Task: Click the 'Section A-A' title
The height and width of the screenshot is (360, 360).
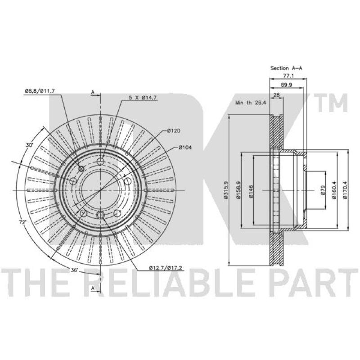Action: pos(286,68)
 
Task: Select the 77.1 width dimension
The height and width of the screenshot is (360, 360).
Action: pos(288,76)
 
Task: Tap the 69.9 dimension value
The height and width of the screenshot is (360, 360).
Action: pos(286,85)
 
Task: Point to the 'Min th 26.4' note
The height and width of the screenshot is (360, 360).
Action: pos(251,103)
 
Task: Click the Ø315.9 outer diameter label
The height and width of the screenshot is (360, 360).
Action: pos(225,189)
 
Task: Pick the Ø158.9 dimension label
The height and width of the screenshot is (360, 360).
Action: pos(238,190)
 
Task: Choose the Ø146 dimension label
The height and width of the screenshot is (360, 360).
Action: pos(251,191)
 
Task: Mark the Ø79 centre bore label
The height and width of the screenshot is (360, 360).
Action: pos(323,190)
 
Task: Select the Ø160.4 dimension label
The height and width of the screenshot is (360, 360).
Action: pos(334,190)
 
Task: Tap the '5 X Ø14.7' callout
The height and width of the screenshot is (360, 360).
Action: pos(143,98)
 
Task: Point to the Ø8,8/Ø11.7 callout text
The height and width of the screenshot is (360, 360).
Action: pos(40,91)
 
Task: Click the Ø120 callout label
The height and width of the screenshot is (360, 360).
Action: pos(174,130)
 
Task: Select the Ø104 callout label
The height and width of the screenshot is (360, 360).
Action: pos(185,147)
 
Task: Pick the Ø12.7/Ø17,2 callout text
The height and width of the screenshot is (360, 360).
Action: pos(166,268)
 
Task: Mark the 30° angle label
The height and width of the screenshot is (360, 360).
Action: pos(29,145)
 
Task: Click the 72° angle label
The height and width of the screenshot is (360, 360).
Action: pos(22,222)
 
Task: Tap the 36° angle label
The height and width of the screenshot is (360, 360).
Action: pos(74,270)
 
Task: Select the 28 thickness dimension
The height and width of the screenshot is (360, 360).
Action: pos(276,95)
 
